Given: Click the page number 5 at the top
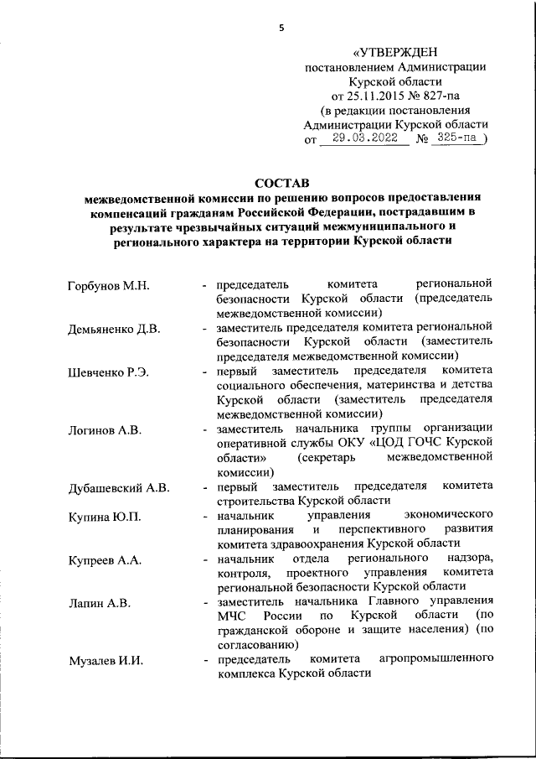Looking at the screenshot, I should coord(281,28).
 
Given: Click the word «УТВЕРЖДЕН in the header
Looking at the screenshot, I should coord(394,53).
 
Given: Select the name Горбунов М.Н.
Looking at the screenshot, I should coord(108,286).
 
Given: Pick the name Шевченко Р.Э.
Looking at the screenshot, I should coord(108,372).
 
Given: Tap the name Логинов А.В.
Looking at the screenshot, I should coord(105,429).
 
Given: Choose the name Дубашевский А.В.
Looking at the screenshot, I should coord(120,487).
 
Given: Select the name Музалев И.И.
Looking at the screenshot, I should coord(106,661).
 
